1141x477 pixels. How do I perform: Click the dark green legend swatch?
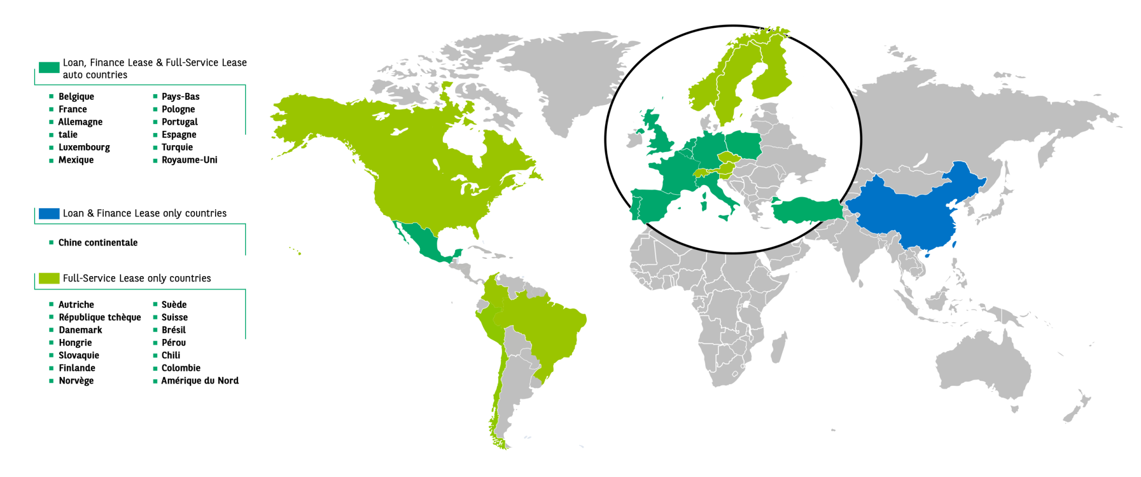point(48,68)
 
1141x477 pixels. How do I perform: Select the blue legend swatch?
point(48,214)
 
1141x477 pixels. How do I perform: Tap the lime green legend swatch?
point(48,278)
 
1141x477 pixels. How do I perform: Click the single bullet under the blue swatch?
point(51,243)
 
